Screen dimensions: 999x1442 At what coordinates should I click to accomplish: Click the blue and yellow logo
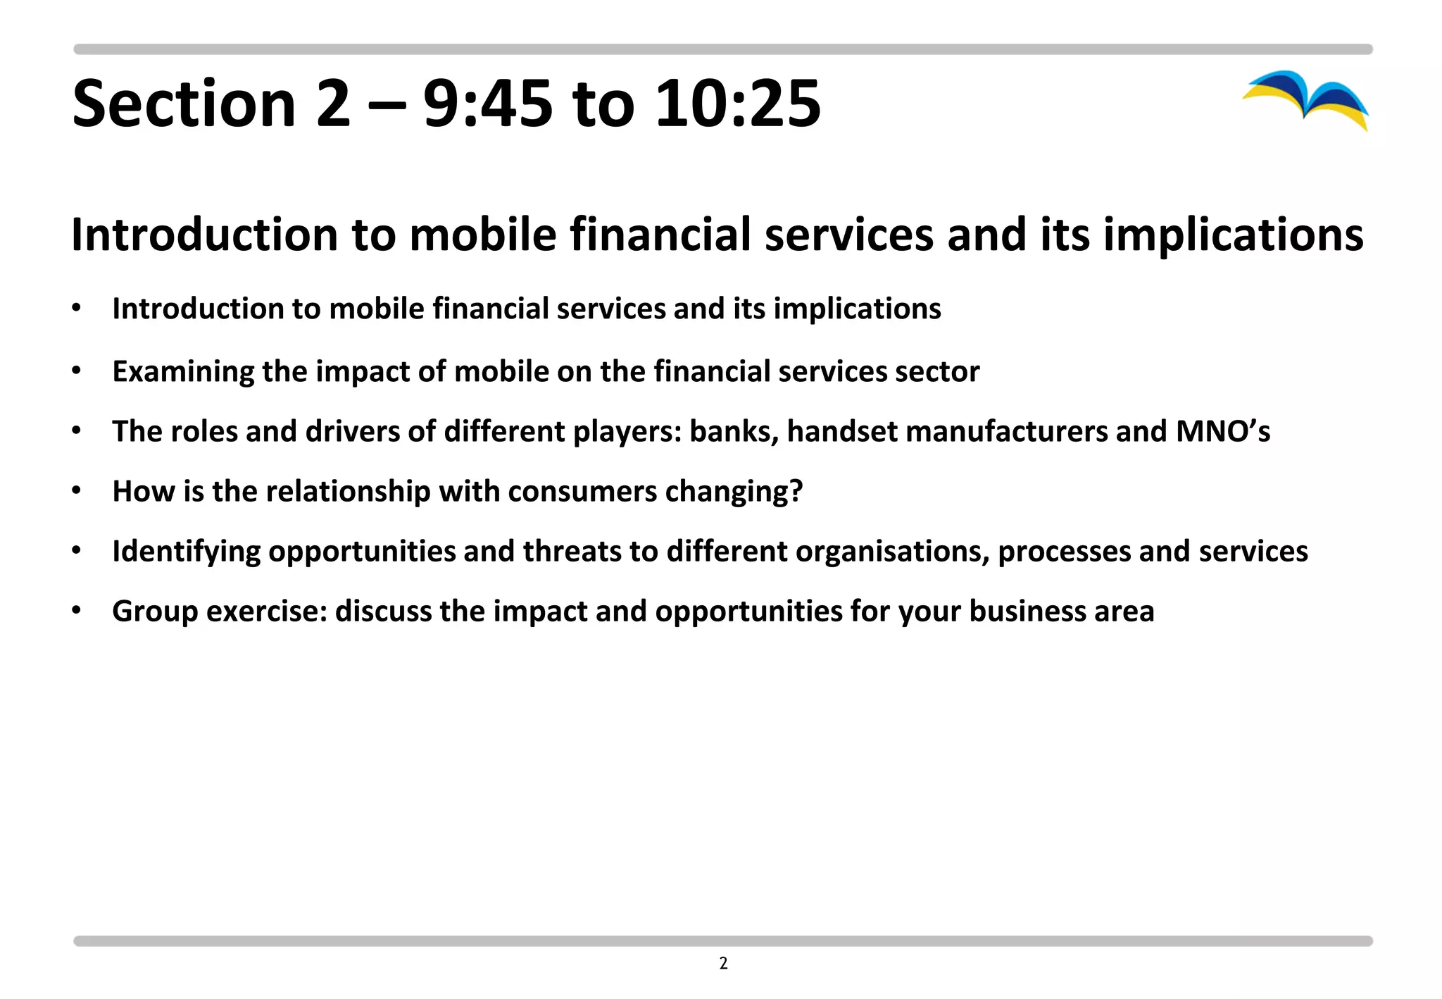1307,99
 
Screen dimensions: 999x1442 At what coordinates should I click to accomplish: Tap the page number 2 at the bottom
723,963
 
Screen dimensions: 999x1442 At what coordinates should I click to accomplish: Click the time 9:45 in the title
488,104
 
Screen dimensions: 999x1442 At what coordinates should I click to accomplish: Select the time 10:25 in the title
738,104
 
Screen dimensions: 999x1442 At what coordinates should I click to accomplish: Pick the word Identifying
186,551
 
